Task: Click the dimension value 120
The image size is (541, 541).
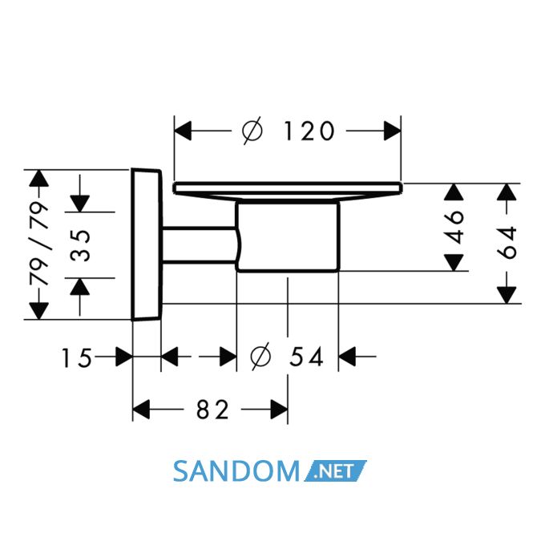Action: tap(309, 131)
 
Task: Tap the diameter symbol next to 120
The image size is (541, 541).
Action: tap(253, 131)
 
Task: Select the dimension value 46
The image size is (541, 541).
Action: tap(455, 227)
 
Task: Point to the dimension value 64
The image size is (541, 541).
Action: tap(507, 243)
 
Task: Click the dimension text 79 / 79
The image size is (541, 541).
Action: tap(38, 244)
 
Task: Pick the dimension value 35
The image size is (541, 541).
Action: tap(80, 245)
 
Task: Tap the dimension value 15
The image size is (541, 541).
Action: tap(77, 357)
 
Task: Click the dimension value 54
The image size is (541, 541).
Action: tap(306, 357)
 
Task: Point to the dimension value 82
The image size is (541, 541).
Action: tap(212, 410)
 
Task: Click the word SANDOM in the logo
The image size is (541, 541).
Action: tap(236, 471)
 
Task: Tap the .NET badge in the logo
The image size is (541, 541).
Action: tap(335, 470)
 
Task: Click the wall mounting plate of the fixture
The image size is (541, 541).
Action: tap(147, 244)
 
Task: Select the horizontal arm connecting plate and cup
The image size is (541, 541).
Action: tap(200, 245)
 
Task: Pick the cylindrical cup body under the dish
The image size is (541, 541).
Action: tap(288, 236)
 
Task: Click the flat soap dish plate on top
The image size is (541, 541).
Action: tap(288, 190)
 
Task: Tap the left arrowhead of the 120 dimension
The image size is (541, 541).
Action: tap(183, 131)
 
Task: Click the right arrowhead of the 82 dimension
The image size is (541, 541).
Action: tap(279, 410)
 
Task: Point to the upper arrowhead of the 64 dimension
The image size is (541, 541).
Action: tap(507, 192)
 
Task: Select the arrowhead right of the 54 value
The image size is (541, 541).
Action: tap(347, 357)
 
